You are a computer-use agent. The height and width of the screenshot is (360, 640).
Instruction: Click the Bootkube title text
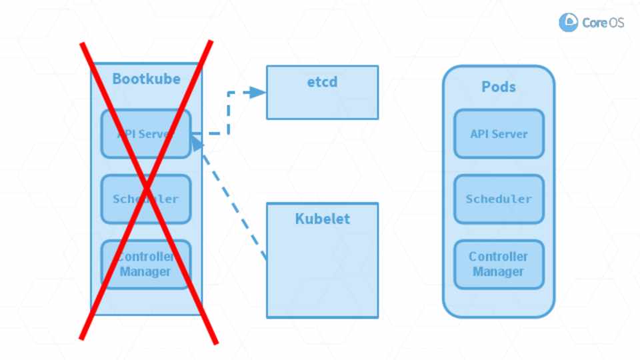(146, 79)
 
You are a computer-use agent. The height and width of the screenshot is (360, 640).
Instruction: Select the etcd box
(322, 93)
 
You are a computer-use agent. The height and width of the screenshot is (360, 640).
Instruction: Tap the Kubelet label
(322, 219)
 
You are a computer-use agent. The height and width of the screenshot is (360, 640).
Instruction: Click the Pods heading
(499, 87)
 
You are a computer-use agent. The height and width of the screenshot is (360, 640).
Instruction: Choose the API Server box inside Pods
(499, 134)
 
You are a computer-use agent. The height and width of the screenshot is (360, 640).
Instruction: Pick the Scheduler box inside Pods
(499, 199)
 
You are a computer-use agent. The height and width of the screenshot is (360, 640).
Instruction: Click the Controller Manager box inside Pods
(499, 264)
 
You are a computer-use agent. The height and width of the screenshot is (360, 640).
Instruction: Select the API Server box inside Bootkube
(146, 134)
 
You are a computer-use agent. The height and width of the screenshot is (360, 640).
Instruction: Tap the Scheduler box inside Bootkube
(146, 199)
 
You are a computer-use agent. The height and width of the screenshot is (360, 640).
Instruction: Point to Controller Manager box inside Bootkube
(146, 264)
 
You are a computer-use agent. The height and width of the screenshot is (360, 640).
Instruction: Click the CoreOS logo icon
(568, 22)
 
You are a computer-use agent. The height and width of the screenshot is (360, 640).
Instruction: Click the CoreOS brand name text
(603, 23)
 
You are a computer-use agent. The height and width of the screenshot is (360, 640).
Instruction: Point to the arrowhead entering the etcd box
(259, 93)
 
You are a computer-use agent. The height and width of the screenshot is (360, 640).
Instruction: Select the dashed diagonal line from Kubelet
(233, 203)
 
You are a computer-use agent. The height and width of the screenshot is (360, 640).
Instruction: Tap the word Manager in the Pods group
(499, 272)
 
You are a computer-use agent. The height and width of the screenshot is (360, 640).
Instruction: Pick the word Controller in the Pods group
(499, 257)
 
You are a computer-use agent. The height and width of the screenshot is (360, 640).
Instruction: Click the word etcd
(322, 83)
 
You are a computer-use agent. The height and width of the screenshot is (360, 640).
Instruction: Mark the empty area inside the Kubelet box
(322, 273)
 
